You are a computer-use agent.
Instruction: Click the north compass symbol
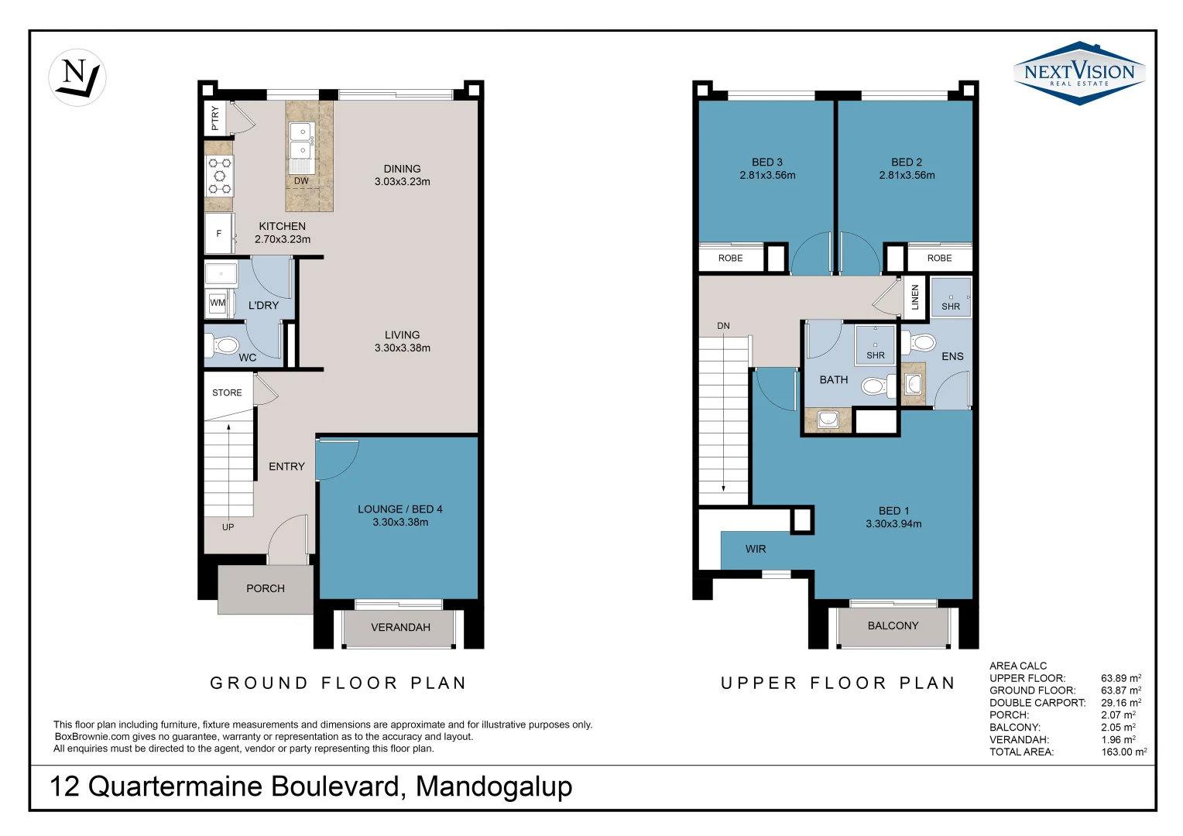tap(77, 77)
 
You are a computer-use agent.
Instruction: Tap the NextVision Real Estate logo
tap(1078, 74)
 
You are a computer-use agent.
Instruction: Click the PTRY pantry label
tap(215, 118)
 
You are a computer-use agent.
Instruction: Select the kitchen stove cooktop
tap(219, 176)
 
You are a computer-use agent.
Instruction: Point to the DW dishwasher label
tap(301, 181)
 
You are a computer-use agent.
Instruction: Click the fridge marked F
tap(218, 233)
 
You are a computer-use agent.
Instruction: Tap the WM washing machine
tap(218, 303)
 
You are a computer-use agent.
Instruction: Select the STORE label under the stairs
tap(227, 392)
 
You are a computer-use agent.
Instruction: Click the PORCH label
tap(266, 588)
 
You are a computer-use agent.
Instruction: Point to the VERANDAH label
tap(400, 627)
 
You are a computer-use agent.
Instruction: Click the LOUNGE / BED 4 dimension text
tap(400, 522)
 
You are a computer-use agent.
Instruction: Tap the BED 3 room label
tap(767, 162)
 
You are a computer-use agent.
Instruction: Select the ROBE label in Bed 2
tap(939, 258)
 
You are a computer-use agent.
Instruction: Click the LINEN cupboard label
tap(915, 297)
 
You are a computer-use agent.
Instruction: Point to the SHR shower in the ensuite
tap(951, 299)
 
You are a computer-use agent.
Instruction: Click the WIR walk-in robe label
tap(756, 549)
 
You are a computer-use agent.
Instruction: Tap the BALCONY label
tap(893, 625)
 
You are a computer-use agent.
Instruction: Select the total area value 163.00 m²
tap(1123, 752)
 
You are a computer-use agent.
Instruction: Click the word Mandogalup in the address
tap(494, 786)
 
